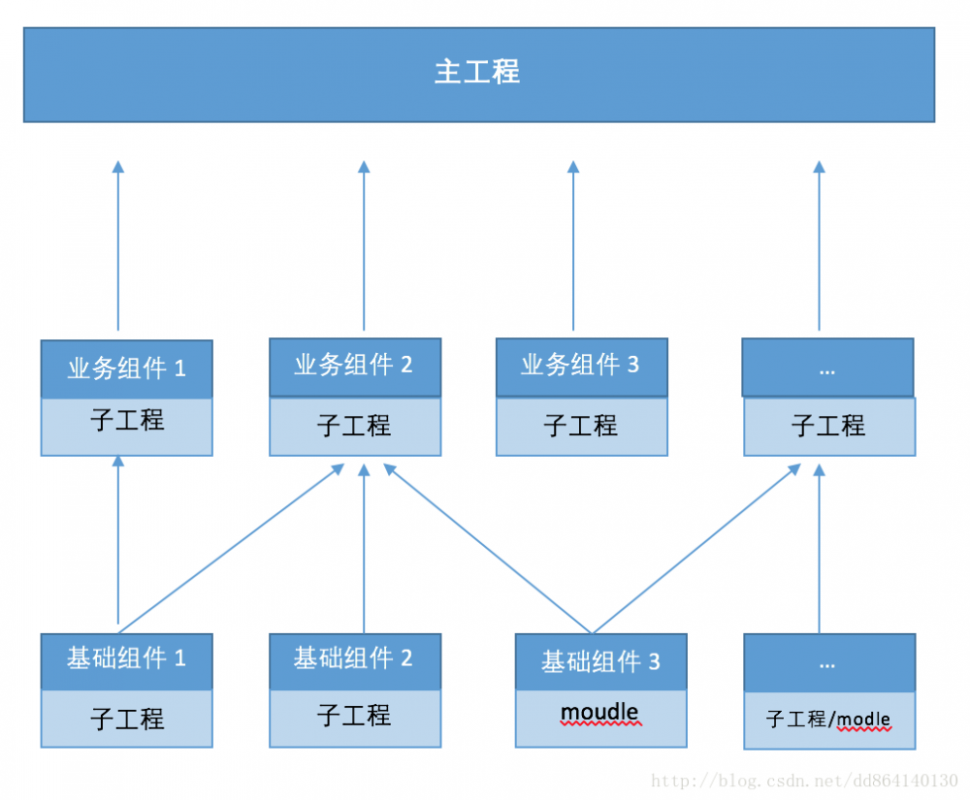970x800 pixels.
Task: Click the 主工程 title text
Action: pos(477,72)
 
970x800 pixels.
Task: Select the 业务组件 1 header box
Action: pos(126,368)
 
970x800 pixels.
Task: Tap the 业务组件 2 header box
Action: pos(354,366)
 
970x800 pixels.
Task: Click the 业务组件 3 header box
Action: pos(581,366)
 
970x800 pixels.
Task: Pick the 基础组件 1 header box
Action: pos(126,659)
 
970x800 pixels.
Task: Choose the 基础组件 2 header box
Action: pos(354,659)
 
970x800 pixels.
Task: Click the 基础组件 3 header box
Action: pos(600,662)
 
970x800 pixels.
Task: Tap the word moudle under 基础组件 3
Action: pos(599,713)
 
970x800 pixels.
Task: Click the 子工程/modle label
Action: pos(828,720)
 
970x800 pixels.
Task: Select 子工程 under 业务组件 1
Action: pos(126,421)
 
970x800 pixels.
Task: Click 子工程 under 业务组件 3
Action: pos(581,425)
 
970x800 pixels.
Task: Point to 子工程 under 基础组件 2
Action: pos(354,716)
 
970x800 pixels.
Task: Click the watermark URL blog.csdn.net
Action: pos(805,781)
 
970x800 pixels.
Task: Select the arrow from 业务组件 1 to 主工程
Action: pos(118,247)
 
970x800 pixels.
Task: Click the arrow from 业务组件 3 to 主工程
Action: pos(572,247)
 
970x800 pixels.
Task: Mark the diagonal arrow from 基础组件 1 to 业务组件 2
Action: pos(231,548)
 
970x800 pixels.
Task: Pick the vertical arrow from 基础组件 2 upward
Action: pos(364,548)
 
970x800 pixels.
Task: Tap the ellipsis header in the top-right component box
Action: pos(827,368)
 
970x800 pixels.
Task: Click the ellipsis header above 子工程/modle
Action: pos(827,664)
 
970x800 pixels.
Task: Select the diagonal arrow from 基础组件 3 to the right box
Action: pos(696,548)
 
